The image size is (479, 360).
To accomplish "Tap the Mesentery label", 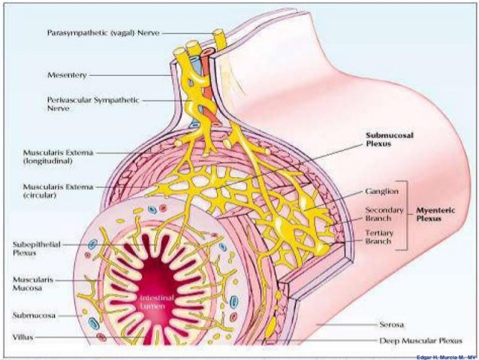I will (68, 75).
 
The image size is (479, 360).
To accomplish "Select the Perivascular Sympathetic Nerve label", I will (95, 103).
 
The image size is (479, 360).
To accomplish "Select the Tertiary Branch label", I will (379, 237).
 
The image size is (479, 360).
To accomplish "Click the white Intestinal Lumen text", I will (153, 303).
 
